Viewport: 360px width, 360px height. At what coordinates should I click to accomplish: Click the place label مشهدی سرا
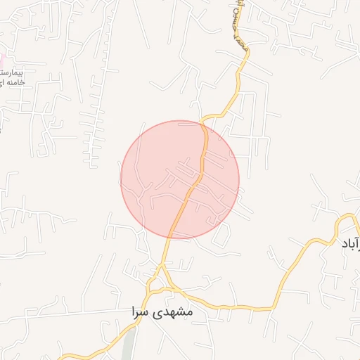click(162, 310)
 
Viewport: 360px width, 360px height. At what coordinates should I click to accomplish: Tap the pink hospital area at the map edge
click(2, 62)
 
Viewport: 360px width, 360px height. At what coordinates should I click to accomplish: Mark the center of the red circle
click(180, 179)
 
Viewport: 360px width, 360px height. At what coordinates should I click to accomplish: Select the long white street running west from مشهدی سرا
click(70, 311)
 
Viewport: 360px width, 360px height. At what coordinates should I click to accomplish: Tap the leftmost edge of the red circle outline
click(121, 179)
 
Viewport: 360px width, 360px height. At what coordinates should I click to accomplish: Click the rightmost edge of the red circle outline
click(239, 179)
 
